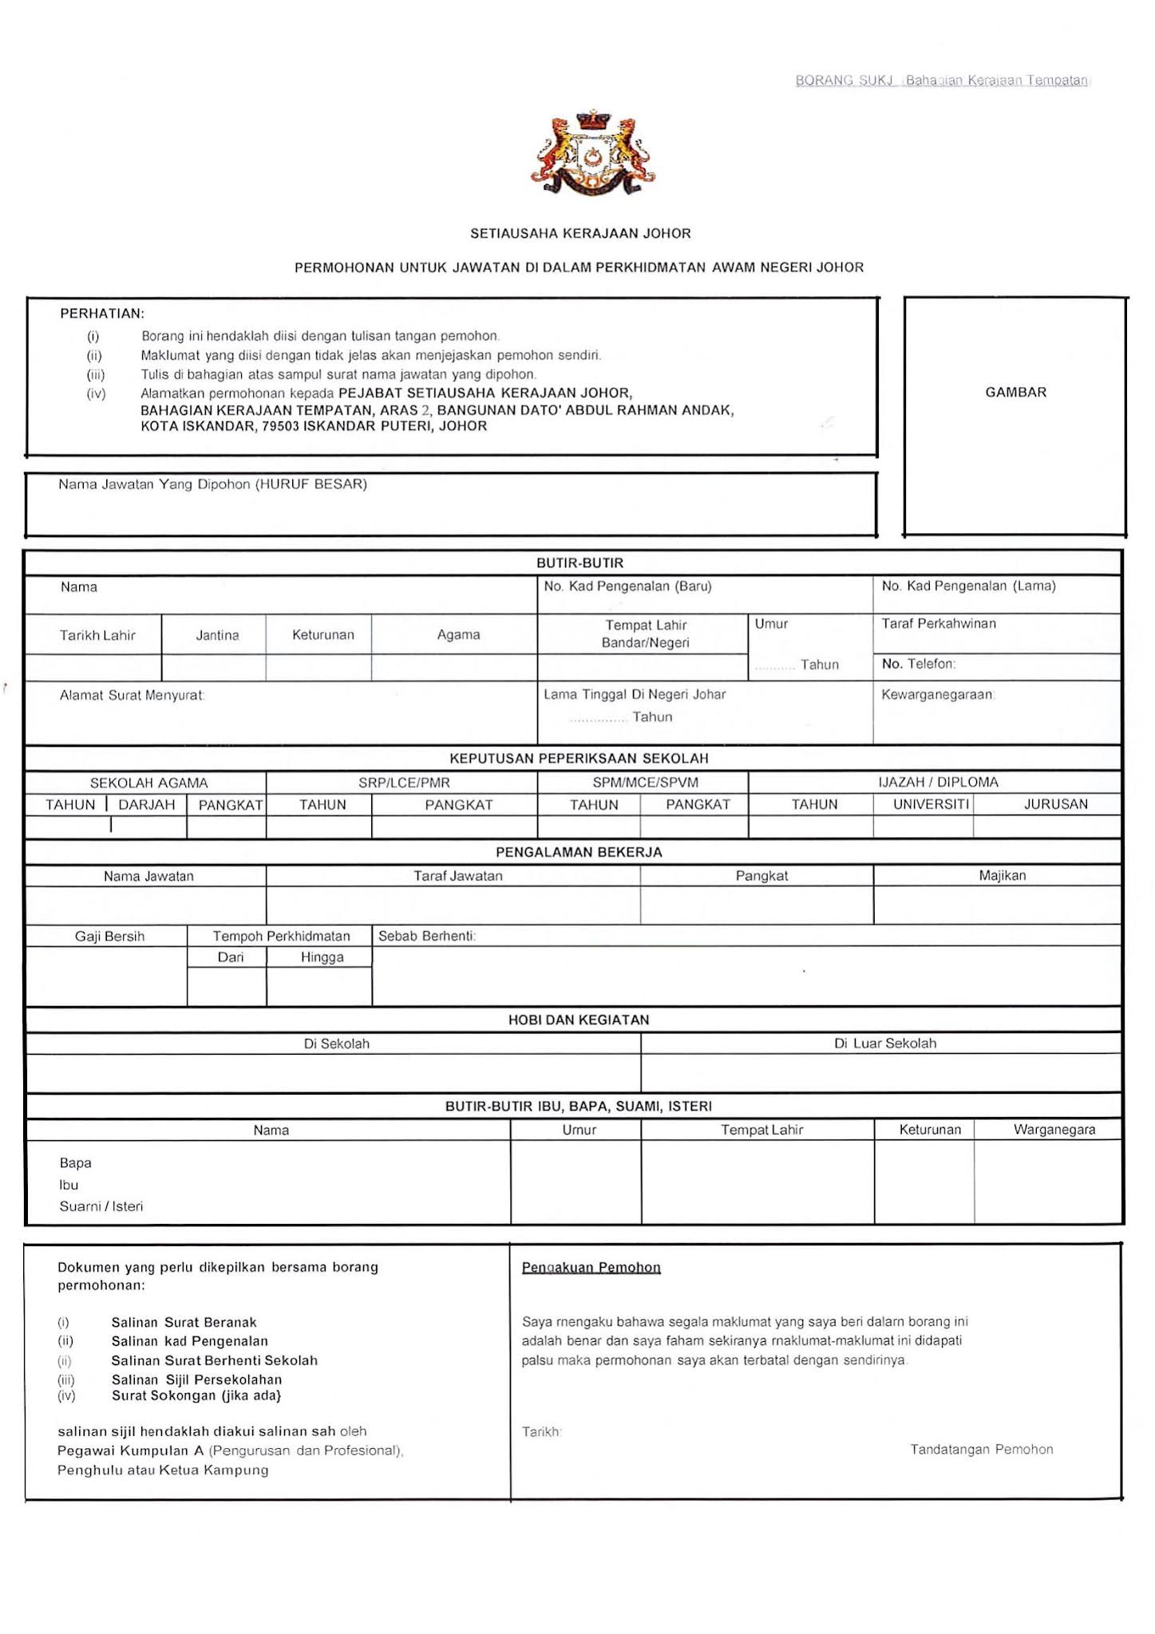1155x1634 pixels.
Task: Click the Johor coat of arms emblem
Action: tap(593, 153)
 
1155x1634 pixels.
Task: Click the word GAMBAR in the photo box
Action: tap(1015, 393)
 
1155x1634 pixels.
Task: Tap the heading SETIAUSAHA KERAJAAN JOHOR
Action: tap(580, 234)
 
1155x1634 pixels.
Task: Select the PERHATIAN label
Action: tap(102, 314)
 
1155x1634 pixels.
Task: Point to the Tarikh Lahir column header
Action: tap(97, 636)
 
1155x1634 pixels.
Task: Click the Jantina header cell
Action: tap(217, 636)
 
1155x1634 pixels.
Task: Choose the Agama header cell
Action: tap(458, 635)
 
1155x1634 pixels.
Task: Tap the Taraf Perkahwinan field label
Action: tap(939, 624)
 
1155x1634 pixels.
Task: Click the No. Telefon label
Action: tap(918, 664)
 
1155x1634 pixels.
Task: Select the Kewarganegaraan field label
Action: tap(938, 695)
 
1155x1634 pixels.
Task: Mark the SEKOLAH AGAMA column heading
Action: tap(148, 783)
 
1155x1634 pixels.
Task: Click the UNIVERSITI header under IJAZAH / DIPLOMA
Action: tap(931, 804)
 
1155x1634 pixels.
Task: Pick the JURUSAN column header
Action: tap(1055, 804)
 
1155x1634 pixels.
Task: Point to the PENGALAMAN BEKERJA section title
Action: tap(579, 852)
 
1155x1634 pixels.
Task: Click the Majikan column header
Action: tap(1002, 876)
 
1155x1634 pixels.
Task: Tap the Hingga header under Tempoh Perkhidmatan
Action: tap(322, 957)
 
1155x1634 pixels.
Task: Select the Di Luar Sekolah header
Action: tap(884, 1044)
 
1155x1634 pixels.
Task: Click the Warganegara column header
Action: tap(1054, 1130)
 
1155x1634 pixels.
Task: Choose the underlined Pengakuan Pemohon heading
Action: tap(591, 1268)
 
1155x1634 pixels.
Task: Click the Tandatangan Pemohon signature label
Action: tap(981, 1450)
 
